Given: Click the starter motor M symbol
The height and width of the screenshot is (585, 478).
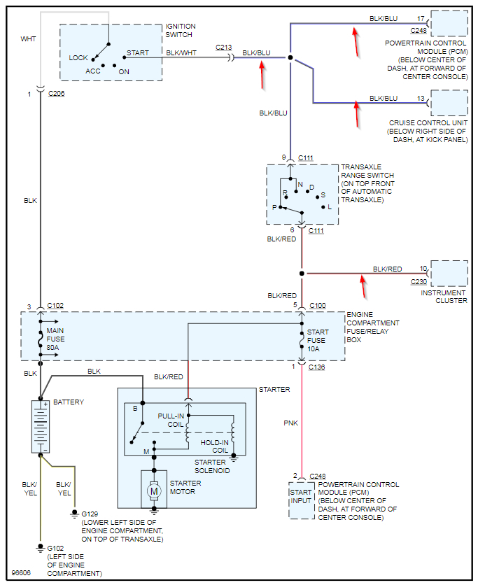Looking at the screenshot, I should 153,491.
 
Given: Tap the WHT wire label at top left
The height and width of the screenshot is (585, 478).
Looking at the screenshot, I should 28,39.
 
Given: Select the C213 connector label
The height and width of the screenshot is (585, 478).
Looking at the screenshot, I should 223,47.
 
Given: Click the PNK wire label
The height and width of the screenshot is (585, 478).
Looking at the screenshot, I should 290,423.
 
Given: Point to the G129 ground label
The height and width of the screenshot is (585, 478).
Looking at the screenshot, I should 90,513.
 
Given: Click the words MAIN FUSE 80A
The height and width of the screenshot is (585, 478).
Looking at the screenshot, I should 56,339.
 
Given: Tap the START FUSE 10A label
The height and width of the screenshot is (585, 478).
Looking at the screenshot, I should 318,340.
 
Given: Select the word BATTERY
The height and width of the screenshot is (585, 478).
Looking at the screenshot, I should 69,402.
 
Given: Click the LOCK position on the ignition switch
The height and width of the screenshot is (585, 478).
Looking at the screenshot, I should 78,57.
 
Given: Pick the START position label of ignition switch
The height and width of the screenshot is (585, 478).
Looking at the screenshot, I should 137,53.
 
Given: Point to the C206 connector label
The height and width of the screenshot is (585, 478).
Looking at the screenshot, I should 57,93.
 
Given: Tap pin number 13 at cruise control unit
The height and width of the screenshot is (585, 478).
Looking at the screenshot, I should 421,99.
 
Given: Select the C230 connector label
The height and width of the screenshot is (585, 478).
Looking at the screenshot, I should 419,282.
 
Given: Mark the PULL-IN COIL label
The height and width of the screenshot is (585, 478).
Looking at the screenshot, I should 171,420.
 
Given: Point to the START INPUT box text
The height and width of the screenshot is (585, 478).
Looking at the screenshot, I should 301,497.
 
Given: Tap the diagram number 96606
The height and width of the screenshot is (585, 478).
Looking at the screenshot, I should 21,572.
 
